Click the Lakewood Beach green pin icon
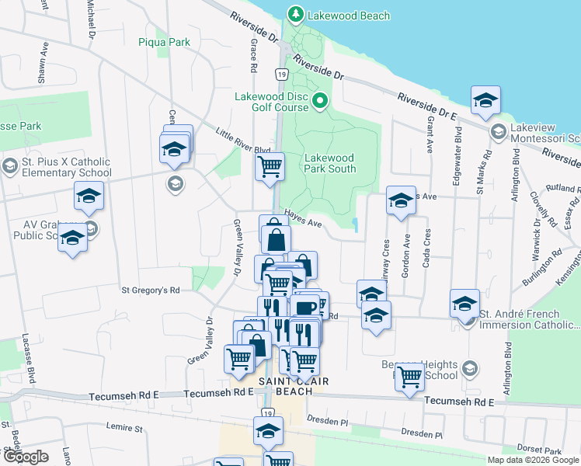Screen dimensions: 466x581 (x=295, y=14)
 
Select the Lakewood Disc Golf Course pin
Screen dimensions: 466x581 (x=319, y=101)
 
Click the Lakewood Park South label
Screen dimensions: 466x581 (x=330, y=163)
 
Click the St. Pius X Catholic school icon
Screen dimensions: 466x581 (x=10, y=166)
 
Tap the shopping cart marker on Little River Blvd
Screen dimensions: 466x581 (x=270, y=165)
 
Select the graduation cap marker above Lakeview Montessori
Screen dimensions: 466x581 (x=485, y=100)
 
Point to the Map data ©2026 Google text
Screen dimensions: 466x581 (x=533, y=460)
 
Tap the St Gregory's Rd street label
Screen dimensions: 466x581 (x=150, y=290)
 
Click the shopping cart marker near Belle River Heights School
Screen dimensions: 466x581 (x=409, y=377)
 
